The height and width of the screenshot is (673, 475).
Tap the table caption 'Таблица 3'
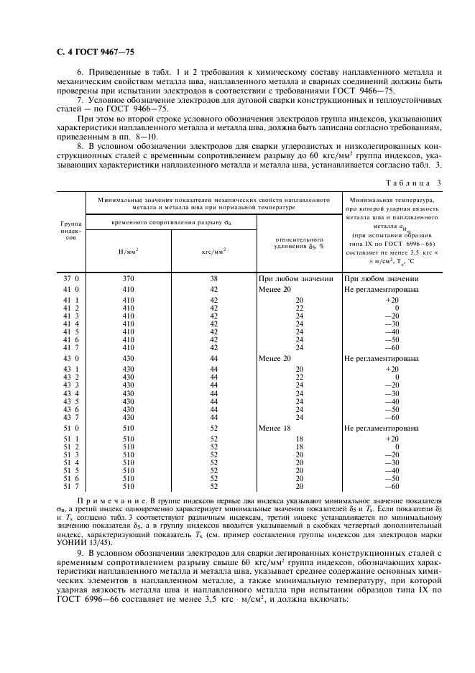pyautogui.click(x=414, y=181)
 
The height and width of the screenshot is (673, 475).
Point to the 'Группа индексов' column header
pyautogui.click(x=70, y=232)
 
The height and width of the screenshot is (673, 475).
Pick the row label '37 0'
pyautogui.click(x=70, y=278)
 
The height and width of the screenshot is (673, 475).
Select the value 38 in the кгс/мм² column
pyautogui.click(x=213, y=278)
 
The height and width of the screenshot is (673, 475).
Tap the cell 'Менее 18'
pyautogui.click(x=276, y=427)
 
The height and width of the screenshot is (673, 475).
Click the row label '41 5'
pyautogui.click(x=70, y=332)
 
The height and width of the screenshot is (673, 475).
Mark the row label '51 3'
pyautogui.click(x=70, y=454)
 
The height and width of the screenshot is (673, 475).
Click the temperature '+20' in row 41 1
pyautogui.click(x=392, y=298)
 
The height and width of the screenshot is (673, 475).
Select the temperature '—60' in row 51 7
pyautogui.click(x=392, y=487)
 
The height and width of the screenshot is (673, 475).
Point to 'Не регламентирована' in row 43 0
pyautogui.click(x=382, y=357)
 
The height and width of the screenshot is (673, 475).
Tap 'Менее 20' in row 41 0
pyautogui.click(x=276, y=288)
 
